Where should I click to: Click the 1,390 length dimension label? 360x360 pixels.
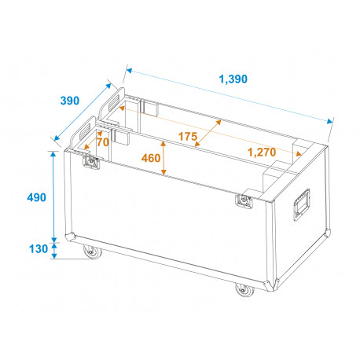233,79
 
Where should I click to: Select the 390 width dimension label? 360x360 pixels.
70,101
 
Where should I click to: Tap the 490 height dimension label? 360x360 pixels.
37,197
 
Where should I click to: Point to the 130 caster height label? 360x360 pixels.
39,248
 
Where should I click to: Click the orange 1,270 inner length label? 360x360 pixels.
262,152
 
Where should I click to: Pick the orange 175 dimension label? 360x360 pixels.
188,137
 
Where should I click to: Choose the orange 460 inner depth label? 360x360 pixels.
151,158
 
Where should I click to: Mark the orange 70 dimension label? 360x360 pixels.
103,142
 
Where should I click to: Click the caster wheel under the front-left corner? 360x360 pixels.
93,252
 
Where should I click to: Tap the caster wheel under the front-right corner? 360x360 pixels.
244,289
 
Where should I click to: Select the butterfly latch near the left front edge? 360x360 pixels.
91,162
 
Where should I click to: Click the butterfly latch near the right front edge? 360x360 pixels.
244,201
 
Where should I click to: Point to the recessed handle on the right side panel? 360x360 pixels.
302,205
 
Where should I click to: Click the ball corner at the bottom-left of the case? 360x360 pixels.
70,237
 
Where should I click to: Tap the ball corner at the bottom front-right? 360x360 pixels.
270,285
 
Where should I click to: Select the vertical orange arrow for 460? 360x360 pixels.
163,158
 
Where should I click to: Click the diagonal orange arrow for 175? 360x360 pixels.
208,133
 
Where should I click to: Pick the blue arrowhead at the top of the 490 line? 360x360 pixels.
53,154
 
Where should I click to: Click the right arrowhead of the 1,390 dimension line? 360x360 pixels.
330,121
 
